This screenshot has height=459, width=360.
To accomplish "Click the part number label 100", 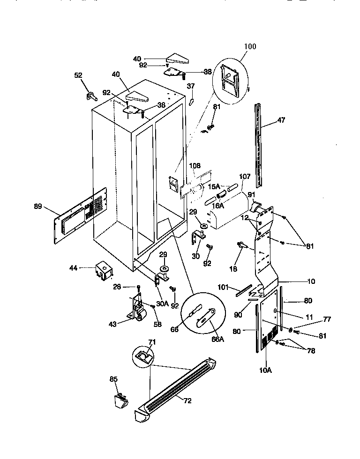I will (250, 47).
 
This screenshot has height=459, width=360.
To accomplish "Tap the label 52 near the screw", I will (79, 74).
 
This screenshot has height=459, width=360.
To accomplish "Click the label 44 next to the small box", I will (73, 268).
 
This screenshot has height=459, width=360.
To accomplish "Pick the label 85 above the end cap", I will (114, 379).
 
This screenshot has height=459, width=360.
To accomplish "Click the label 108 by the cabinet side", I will (195, 165).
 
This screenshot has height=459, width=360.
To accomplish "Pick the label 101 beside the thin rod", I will (223, 287).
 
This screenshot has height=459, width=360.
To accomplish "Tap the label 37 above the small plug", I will (191, 86).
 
